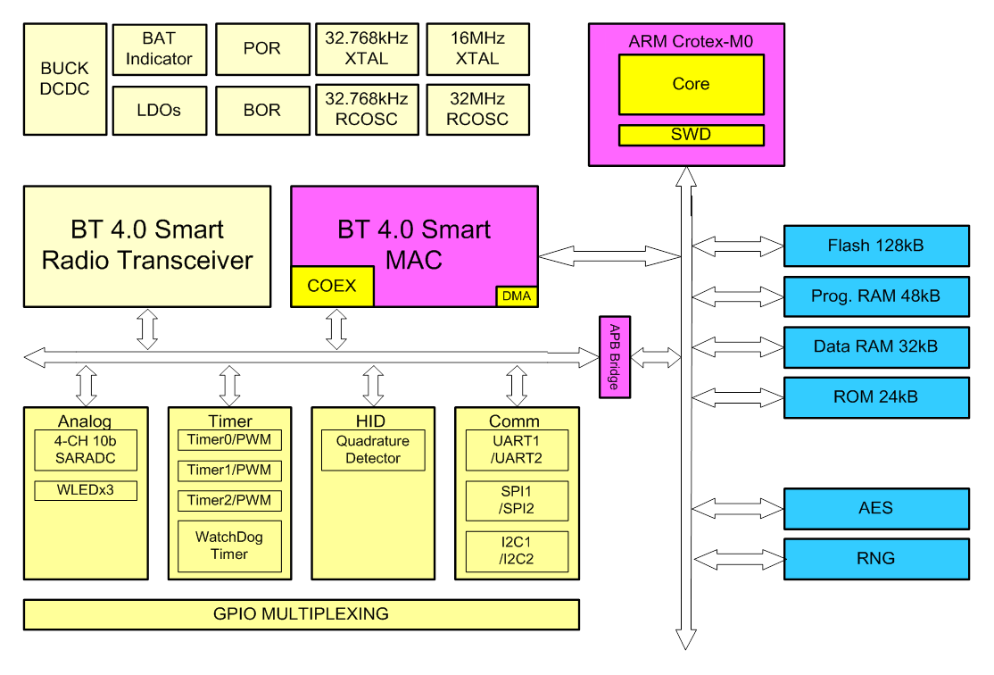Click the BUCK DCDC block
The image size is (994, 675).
pos(64,79)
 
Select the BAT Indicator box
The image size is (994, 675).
pos(159,49)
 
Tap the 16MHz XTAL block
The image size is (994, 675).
pos(477,49)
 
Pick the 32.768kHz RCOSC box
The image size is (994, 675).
pos(367,109)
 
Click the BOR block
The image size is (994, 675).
pos(261,110)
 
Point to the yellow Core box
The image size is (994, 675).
pos(691,84)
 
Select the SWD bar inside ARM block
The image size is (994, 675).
pos(691,135)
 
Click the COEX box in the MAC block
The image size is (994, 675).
pos(332,286)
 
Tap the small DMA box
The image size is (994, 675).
pos(517,296)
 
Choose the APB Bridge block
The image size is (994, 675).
pos(614,356)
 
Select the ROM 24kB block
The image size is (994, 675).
pos(875,396)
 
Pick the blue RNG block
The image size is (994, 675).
pos(875,559)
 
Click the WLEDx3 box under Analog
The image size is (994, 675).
pos(85,490)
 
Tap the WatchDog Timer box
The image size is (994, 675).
pos(229,546)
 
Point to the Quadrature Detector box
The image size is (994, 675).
pos(373,450)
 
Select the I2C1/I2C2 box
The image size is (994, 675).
pos(517,552)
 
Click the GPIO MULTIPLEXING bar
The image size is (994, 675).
pos(301,614)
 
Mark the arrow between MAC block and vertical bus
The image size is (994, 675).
pos(609,255)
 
